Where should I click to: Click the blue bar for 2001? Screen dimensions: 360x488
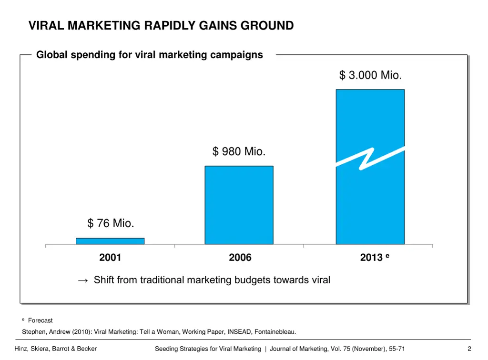(x=110, y=241)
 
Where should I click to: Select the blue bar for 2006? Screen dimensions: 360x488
(x=239, y=205)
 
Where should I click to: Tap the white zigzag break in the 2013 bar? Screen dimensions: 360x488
(x=370, y=158)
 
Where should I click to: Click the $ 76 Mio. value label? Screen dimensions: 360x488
(x=111, y=223)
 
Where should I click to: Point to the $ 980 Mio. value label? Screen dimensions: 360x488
(x=239, y=151)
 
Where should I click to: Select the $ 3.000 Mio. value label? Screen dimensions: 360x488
(x=370, y=75)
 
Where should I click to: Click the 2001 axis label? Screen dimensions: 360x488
(x=110, y=258)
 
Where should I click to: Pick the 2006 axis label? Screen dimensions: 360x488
(x=240, y=258)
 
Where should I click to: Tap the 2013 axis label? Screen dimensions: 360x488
(x=371, y=258)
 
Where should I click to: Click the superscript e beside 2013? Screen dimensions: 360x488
(x=387, y=256)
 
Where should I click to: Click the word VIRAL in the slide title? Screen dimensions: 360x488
(x=46, y=26)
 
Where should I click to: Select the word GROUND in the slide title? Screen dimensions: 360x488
(x=267, y=26)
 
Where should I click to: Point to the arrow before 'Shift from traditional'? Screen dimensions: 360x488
(x=82, y=280)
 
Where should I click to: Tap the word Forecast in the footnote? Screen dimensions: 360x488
(x=41, y=320)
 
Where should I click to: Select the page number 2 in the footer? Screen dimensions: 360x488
(x=469, y=349)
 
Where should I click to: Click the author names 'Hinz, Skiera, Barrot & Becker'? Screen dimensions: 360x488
(x=56, y=349)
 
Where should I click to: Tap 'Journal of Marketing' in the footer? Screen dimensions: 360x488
(x=298, y=349)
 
